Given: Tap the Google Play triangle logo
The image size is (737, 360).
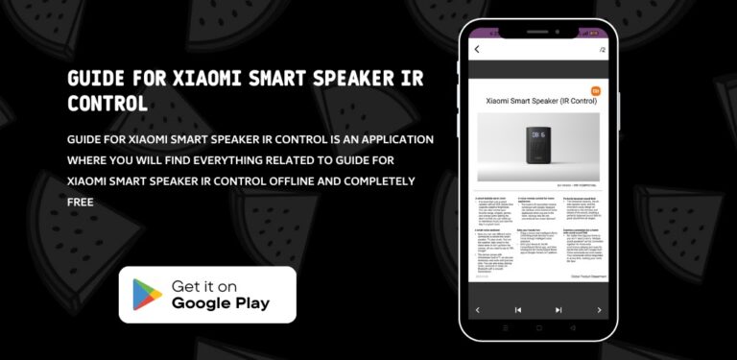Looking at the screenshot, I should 147,294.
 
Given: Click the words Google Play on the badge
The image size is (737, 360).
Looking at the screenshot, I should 221,303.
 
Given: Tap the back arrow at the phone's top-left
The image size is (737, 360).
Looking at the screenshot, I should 477,49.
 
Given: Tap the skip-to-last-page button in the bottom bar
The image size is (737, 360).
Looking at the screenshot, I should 559,310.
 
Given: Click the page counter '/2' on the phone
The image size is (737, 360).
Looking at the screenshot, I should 602,49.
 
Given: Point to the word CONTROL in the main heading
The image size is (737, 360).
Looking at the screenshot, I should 107,102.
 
